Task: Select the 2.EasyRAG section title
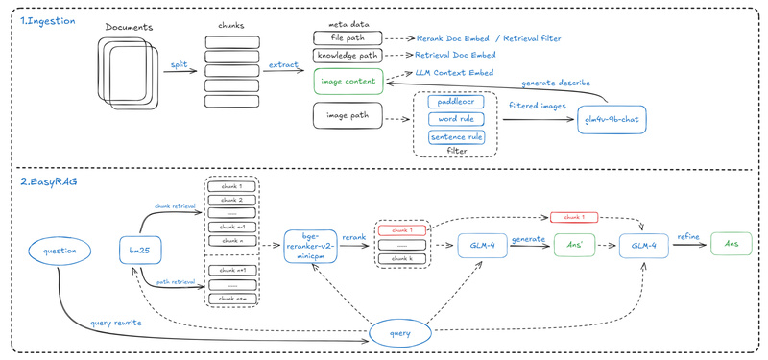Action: pyautogui.click(x=47, y=180)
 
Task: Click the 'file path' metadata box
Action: pyautogui.click(x=348, y=37)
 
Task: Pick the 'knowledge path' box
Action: pyautogui.click(x=348, y=57)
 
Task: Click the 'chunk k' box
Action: pyautogui.click(x=403, y=260)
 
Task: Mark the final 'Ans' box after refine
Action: pyautogui.click(x=732, y=247)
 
